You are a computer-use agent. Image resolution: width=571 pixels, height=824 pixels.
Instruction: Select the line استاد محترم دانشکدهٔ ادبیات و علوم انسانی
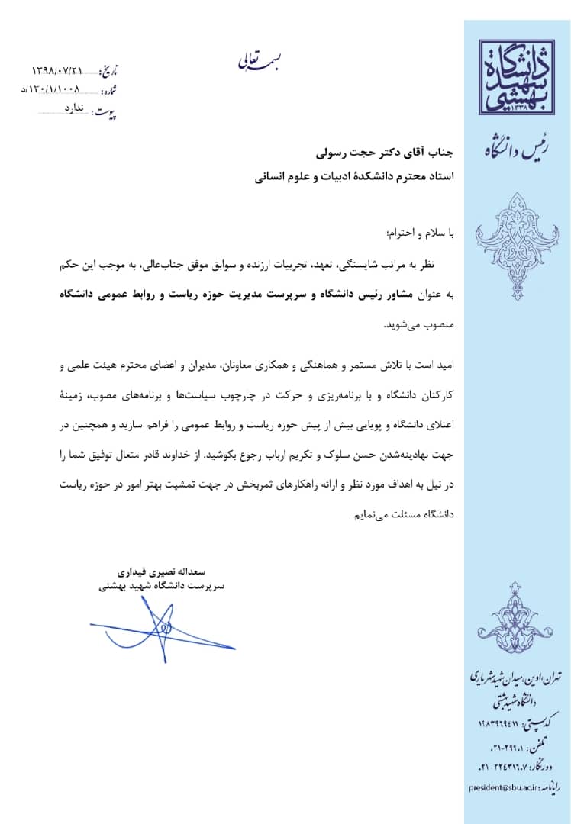pos(355,178)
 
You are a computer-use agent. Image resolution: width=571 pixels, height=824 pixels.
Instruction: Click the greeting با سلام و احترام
pos(421,230)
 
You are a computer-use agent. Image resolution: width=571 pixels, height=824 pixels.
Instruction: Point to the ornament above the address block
pos(516,619)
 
